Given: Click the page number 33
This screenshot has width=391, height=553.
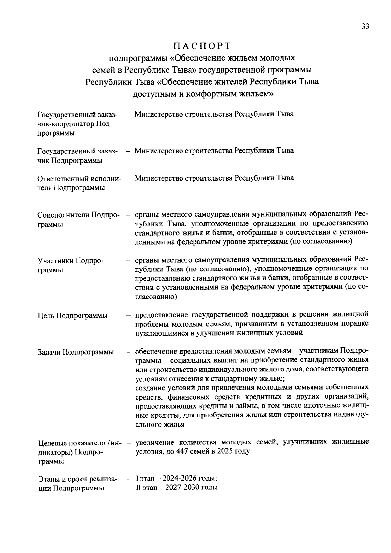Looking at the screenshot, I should [x=365, y=27].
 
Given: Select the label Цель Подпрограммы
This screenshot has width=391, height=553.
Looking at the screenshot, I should [x=73, y=315].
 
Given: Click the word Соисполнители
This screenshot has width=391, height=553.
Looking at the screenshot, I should [x=63, y=215].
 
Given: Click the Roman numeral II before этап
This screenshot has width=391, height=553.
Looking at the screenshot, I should [x=138, y=488].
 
